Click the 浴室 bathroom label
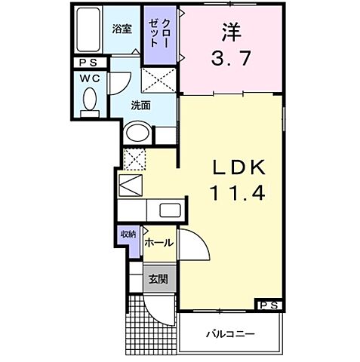point(122,29)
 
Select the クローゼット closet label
point(161,33)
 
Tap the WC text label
point(90,77)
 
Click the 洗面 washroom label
point(140,105)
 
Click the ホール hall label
point(159,243)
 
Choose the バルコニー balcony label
point(230,333)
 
